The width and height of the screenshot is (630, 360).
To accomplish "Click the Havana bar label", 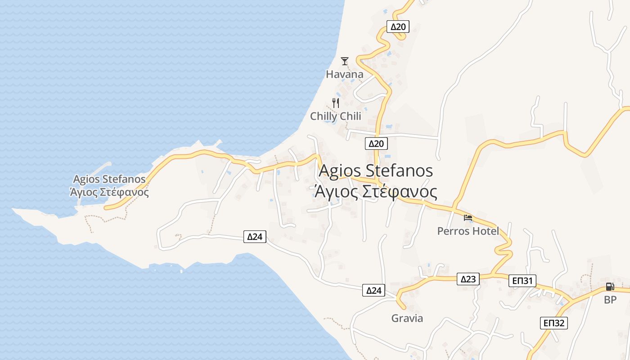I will point(344,74).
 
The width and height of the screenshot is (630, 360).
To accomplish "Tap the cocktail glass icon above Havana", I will point(345,61).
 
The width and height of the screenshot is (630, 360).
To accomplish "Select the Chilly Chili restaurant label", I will point(335,116).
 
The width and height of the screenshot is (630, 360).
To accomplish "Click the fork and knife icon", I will point(335,103).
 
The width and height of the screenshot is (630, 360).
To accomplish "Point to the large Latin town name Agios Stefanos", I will point(376,171).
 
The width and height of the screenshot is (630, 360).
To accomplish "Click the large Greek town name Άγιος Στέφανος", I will point(376,192).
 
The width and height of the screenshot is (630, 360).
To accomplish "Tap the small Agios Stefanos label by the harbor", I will point(109,179).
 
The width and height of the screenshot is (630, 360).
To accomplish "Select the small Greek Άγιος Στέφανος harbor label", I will point(109,192).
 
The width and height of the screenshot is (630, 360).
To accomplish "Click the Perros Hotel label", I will point(468,231).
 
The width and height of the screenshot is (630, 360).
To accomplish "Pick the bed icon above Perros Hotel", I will point(468,218).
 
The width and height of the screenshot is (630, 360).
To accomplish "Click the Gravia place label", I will point(407,318).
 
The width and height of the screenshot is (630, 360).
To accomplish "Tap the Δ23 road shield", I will point(468,279).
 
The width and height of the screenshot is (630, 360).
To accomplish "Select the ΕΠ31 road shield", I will point(522,281).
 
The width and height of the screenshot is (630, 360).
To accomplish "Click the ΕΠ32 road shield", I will point(553,323).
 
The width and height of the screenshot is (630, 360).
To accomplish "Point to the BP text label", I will point(610,300).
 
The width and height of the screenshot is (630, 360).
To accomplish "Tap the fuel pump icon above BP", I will point(610,287).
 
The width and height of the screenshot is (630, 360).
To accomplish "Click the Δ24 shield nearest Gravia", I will point(373,290).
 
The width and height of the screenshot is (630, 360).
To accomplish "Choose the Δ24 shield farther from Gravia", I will point(255,236).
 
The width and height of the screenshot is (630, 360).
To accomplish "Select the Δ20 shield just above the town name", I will point(376,144).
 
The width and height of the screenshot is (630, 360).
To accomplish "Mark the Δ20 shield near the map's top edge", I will point(398,27).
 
